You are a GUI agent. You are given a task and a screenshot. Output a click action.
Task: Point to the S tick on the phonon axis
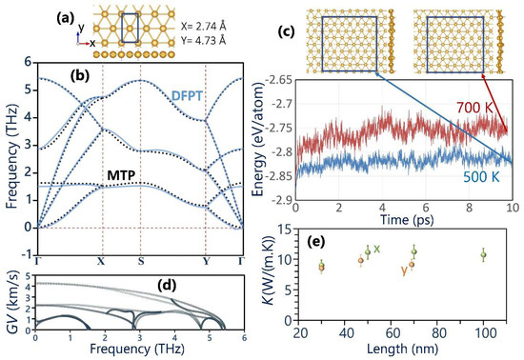point(140,259)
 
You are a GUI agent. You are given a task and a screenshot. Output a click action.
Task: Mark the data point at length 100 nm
point(485,254)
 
